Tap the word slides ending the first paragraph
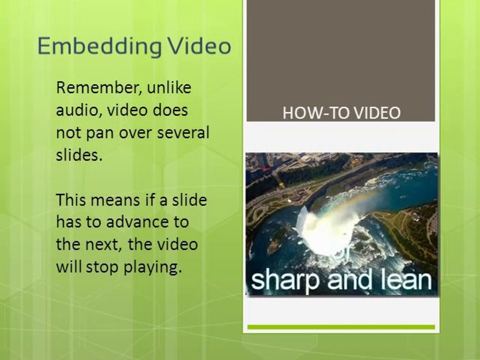tap(78, 155)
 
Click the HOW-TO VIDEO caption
tap(341, 113)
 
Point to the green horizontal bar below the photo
tap(341, 327)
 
